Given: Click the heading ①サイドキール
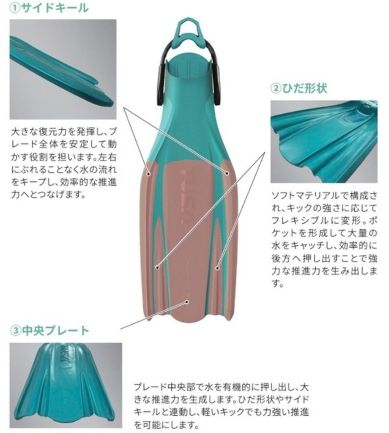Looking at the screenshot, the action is (49, 8).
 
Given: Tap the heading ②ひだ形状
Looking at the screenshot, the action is (299, 88).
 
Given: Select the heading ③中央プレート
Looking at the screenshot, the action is (50, 330).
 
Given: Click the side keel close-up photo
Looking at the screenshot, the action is (63, 69).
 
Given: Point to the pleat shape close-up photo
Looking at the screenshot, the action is (324, 141).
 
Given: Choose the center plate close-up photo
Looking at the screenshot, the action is (66, 385).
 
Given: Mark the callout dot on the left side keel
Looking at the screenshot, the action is (149, 174).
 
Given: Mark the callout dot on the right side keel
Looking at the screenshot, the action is (227, 173).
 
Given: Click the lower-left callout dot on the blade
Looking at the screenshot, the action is (157, 267).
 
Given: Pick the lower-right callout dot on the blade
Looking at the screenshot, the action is (217, 268).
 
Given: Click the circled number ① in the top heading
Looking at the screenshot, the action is (14, 8).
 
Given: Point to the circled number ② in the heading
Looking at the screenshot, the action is (275, 89).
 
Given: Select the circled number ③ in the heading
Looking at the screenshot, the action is (15, 331).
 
